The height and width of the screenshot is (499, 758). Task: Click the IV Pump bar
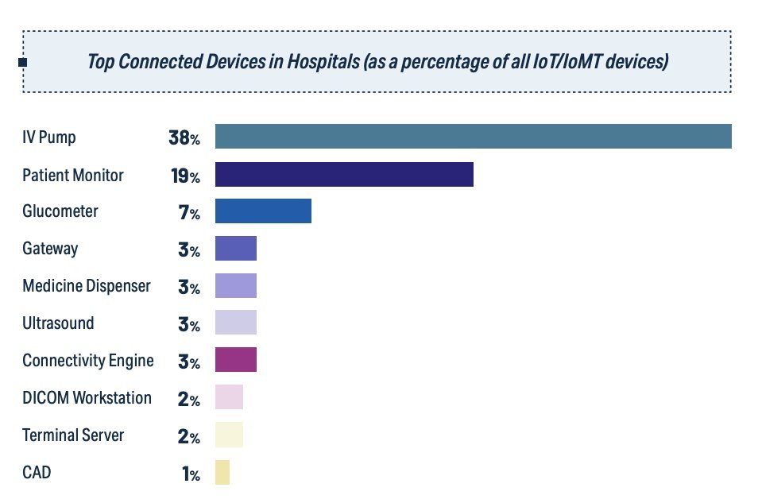click(x=473, y=137)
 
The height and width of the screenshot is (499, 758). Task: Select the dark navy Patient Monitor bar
click(x=344, y=175)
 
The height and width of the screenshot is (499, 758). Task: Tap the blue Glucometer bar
click(x=263, y=211)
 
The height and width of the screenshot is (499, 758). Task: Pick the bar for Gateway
click(x=236, y=249)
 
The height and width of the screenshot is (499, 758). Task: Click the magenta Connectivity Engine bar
click(x=236, y=360)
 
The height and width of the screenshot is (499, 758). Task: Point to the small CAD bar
click(x=222, y=473)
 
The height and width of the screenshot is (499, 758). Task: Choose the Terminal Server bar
click(x=229, y=435)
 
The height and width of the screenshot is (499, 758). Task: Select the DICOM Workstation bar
click(x=229, y=397)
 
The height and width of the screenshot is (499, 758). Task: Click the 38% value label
click(x=184, y=138)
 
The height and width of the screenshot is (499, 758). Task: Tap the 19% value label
click(x=184, y=176)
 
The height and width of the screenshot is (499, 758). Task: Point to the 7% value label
click(x=189, y=213)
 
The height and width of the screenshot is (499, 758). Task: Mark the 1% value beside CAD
click(x=190, y=474)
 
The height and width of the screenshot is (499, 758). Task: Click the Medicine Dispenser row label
click(x=87, y=286)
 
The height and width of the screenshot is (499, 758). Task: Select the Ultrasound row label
click(x=58, y=323)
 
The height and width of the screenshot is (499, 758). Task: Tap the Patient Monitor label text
click(x=73, y=175)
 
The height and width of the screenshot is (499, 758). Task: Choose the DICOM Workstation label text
click(x=87, y=397)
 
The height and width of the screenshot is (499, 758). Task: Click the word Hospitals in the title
click(x=323, y=62)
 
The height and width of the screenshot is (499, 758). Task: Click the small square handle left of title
click(x=22, y=62)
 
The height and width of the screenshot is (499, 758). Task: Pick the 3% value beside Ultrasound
click(x=189, y=324)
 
